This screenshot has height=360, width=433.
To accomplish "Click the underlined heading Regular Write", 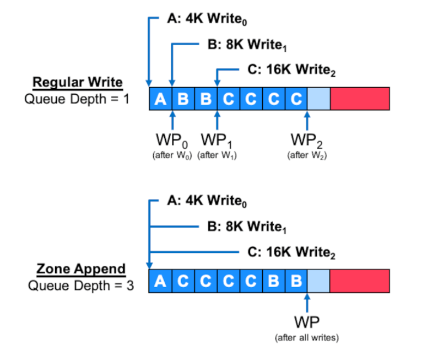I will (78, 83).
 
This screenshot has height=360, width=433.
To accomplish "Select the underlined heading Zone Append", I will (81, 269).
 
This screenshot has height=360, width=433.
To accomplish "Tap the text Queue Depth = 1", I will (77, 99).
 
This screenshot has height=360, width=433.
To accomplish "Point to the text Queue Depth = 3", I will (81, 286).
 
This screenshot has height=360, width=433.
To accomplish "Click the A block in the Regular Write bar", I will (160, 99).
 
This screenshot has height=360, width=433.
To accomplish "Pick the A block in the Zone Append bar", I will (160, 281).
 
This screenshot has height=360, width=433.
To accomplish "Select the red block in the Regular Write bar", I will (360, 99).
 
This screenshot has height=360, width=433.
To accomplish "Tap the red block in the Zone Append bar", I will (360, 281).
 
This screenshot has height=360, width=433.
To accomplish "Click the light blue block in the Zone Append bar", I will (318, 281).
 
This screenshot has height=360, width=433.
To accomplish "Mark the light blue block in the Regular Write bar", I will (318, 99).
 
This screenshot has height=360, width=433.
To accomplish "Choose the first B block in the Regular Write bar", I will (183, 99).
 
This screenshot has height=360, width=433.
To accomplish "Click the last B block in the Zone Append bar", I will (296, 281).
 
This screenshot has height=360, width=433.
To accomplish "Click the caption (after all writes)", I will (307, 337).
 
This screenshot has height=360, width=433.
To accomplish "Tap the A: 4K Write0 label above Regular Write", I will (207, 18).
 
